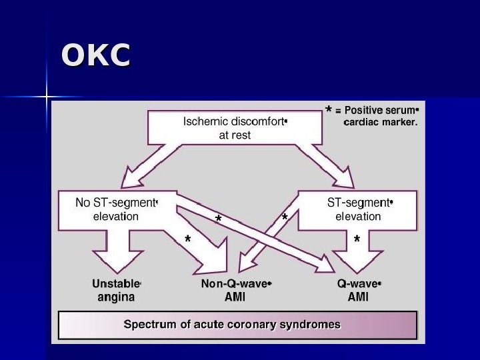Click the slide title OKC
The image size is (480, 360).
pos(95,56)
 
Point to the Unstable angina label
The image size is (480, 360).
pos(116,290)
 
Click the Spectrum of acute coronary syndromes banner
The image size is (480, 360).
pos(237,325)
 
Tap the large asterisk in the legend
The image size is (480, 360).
pos(329,110)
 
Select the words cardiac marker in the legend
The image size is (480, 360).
pos(381,123)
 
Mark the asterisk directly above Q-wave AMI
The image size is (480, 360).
pos(357,240)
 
